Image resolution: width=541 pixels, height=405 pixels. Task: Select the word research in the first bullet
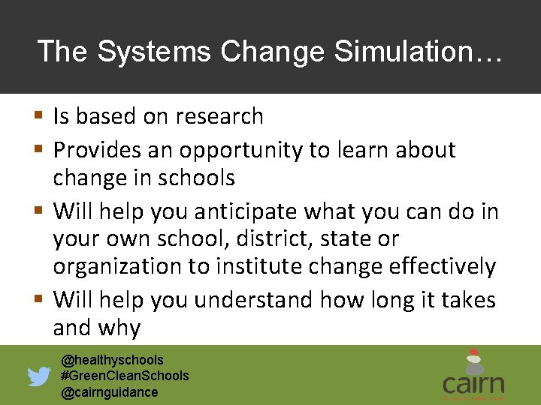coord(219,117)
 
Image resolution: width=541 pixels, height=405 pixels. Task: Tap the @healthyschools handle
coord(112,360)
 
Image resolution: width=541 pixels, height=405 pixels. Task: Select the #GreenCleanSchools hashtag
coord(125,376)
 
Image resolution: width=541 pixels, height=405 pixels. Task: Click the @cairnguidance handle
coord(110,392)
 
